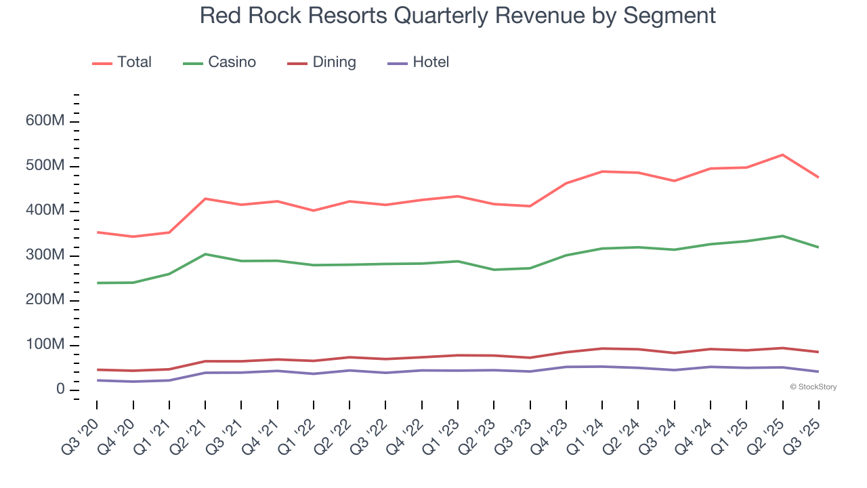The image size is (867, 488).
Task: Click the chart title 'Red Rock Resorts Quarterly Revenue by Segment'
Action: tap(457, 15)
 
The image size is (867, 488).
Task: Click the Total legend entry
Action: tap(122, 62)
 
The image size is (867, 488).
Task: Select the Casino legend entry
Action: tap(219, 62)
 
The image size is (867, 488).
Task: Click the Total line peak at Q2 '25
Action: tap(783, 155)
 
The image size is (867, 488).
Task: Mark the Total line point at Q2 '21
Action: tap(205, 199)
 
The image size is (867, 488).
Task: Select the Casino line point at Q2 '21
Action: tap(205, 254)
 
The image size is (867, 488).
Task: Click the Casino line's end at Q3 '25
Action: tap(818, 247)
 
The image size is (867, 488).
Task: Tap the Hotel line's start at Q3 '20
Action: tap(97, 380)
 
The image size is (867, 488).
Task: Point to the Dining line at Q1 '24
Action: tap(602, 348)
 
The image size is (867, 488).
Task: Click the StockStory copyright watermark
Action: tap(813, 387)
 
